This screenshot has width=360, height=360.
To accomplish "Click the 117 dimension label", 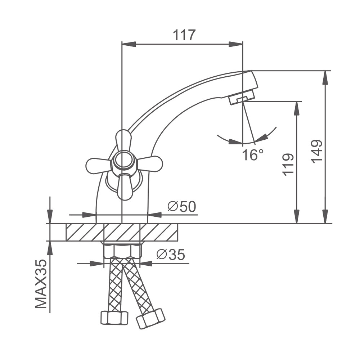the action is coord(184,35).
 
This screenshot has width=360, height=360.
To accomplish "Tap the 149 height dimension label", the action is coord(317,152).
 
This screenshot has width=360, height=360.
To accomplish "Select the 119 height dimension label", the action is coord(288,165).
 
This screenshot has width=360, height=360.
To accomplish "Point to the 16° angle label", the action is coord(252,154).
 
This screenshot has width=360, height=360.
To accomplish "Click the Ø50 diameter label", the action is coord(181,206).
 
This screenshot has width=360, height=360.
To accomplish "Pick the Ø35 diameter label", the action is coord(171,255).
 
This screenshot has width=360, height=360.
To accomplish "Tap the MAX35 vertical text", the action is coord(41,284).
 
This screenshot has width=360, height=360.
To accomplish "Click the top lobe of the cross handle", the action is coord(123,140).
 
